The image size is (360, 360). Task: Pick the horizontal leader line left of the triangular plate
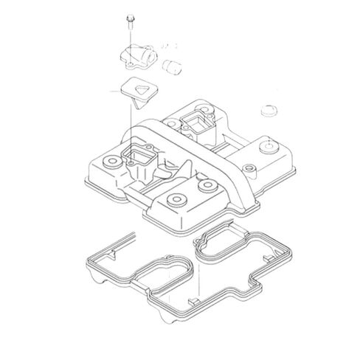point(121,89)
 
